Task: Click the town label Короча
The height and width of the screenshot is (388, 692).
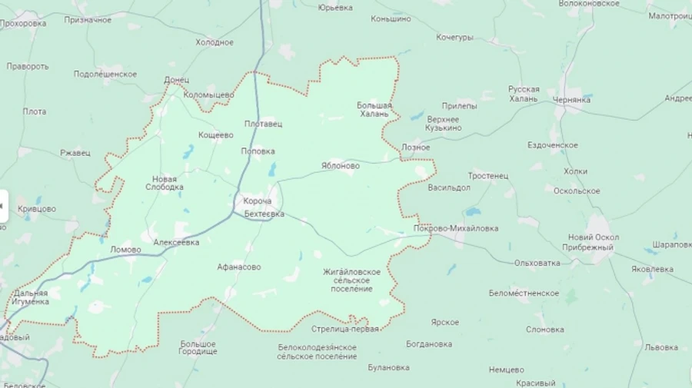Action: [258, 201]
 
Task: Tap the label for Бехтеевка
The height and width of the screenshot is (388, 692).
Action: [264, 214]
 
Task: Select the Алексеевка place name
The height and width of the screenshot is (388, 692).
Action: [176, 242]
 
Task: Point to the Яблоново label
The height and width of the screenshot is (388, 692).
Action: [340, 165]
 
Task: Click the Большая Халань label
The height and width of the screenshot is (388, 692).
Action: [374, 110]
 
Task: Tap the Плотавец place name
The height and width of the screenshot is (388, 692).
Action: [263, 124]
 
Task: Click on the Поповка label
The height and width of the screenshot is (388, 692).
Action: [258, 151]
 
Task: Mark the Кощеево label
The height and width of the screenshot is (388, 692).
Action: [215, 135]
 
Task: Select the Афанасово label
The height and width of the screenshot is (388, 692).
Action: [238, 267]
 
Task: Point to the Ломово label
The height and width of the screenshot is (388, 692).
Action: [125, 250]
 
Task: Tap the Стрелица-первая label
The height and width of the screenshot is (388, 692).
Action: [345, 330]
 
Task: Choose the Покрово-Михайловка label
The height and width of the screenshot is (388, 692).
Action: [456, 229]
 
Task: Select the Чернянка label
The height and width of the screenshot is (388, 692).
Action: [571, 100]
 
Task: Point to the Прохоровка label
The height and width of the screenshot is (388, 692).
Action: [22, 24]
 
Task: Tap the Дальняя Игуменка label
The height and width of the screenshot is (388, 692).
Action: [31, 297]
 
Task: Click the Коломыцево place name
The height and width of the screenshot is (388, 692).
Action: [208, 95]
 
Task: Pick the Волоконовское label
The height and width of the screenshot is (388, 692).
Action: [589, 4]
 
